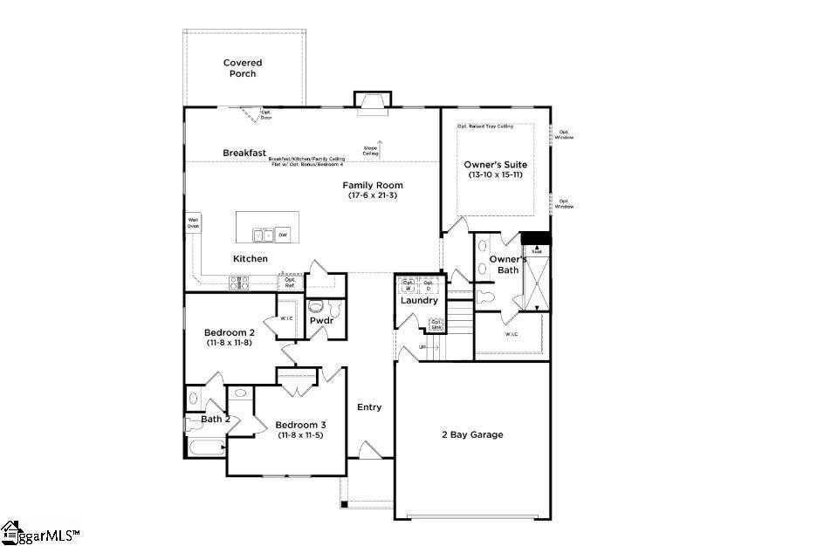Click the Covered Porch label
pyautogui.click(x=243, y=68)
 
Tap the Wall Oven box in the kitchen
pyautogui.click(x=193, y=222)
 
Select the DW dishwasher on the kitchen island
pyautogui.click(x=282, y=235)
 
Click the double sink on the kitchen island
pyautogui.click(x=262, y=235)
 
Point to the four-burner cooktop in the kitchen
pyautogui.click(x=238, y=282)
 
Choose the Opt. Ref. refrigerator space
pyautogui.click(x=290, y=282)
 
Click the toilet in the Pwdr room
pyautogui.click(x=316, y=307)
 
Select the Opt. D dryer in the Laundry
pyautogui.click(x=429, y=285)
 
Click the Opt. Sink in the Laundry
pyautogui.click(x=436, y=324)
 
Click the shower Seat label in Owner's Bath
pyautogui.click(x=536, y=249)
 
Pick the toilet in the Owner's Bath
pyautogui.click(x=485, y=297)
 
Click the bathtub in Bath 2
pyautogui.click(x=203, y=447)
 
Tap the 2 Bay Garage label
pyautogui.click(x=471, y=434)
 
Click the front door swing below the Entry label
pyautogui.click(x=370, y=450)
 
